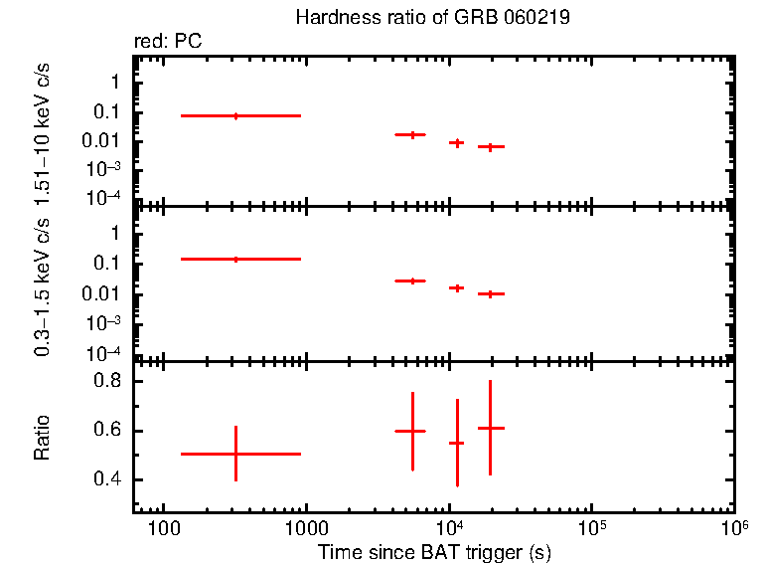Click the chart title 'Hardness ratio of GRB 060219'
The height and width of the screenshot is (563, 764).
point(432,19)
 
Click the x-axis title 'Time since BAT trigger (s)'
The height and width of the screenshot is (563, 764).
point(434,551)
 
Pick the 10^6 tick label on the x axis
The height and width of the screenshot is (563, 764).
point(734,526)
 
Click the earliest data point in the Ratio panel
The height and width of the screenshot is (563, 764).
point(235,454)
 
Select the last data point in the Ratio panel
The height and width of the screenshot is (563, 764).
point(490,428)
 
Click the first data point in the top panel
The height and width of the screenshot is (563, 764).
point(235,116)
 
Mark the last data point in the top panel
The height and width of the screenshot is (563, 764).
point(490,147)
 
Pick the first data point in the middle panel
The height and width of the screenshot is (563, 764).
point(235,259)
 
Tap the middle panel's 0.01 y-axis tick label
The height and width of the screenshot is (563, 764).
point(103,293)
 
